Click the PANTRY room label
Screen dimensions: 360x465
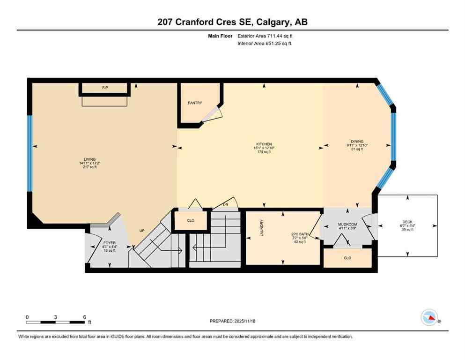[x=195, y=103]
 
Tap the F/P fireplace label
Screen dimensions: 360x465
[x=105, y=88]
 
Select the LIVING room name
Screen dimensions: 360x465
[x=87, y=159]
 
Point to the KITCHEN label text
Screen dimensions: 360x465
[x=264, y=144]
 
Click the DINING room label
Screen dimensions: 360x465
[x=357, y=141]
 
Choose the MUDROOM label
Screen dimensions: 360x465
[x=347, y=225]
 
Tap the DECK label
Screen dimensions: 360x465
[x=407, y=222]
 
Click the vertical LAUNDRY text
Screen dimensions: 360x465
[x=262, y=228]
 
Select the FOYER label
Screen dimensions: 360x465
[x=110, y=242]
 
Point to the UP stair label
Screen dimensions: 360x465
[x=142, y=231]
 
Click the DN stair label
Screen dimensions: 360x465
[x=225, y=204]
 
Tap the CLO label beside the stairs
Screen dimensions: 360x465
[x=191, y=220]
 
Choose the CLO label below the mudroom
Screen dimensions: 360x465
[x=347, y=258]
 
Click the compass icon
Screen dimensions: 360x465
[x=429, y=317]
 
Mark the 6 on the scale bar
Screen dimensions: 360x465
[x=84, y=317]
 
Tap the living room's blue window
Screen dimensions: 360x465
[x=30, y=153]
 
